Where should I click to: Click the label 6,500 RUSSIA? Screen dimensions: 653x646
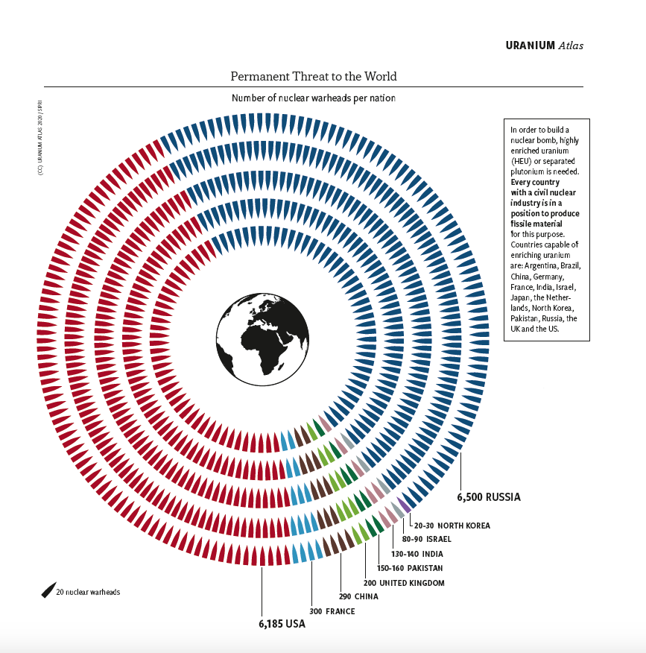click(x=488, y=496)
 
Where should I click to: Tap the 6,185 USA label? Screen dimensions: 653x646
click(x=282, y=624)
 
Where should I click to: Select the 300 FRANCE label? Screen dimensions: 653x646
click(x=332, y=611)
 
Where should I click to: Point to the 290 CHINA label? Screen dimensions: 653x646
click(x=359, y=596)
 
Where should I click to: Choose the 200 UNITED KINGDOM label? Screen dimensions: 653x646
click(x=403, y=583)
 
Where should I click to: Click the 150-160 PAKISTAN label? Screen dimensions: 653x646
click(x=410, y=568)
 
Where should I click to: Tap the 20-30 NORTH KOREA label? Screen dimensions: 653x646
click(x=452, y=525)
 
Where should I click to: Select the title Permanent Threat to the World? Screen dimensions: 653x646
click(x=314, y=76)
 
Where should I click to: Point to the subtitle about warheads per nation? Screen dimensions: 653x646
click(x=313, y=98)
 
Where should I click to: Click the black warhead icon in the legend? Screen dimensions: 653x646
click(x=48, y=590)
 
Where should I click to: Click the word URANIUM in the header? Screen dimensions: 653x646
click(x=530, y=45)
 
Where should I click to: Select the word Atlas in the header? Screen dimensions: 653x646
click(x=571, y=45)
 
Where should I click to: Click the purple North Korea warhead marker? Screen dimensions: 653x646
click(x=405, y=505)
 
